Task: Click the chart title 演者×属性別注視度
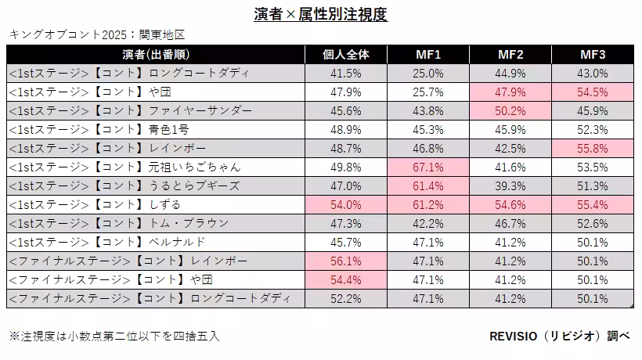pos(321,14)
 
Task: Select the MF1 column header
pos(428,55)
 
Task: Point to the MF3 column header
pos(593,55)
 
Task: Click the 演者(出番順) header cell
pos(157,55)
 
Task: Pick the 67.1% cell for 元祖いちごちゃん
pos(428,167)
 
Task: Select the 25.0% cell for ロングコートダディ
pos(428,74)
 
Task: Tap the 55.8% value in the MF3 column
pos(593,149)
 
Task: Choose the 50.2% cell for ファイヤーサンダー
pos(510,111)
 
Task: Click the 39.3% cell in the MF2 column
pos(510,186)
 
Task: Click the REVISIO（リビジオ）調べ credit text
pos(559,336)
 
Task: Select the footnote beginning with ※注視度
pos(114,336)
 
